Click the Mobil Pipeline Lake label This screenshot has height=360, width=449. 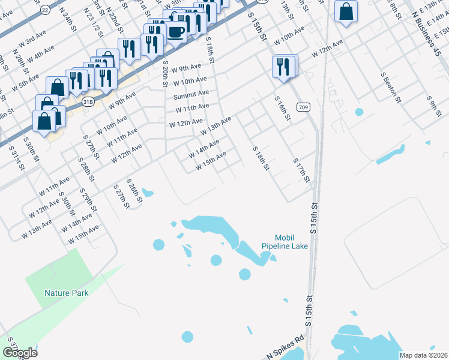click(285, 242)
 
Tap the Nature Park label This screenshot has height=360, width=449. click(66, 293)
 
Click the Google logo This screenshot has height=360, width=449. click(20, 353)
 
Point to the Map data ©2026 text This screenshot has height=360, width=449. click(424, 355)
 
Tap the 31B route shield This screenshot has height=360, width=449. click(88, 101)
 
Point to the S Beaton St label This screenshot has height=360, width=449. click(391, 87)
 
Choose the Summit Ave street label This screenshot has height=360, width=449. click(191, 95)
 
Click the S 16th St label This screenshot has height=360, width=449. click(282, 109)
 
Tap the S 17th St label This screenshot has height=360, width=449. click(301, 170)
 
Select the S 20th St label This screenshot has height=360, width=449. click(165, 74)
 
